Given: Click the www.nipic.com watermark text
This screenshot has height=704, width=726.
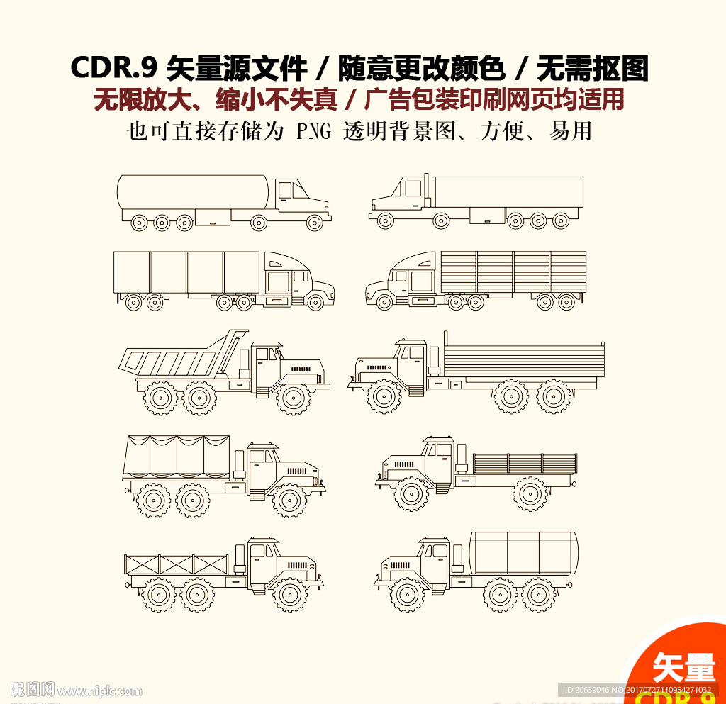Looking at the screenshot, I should (x=99, y=690).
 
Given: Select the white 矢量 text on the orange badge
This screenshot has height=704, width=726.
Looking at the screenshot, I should (x=683, y=667).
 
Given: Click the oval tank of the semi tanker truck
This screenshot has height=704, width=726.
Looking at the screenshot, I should (x=193, y=191).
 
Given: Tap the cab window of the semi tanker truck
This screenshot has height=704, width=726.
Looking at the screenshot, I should (x=284, y=190).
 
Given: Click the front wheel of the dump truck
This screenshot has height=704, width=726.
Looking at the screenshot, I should (x=293, y=398).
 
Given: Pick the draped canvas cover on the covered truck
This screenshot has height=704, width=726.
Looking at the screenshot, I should (x=177, y=457).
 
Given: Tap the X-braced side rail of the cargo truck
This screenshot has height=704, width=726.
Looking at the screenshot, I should (x=177, y=565).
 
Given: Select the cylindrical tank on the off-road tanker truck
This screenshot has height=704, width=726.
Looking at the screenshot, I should (x=523, y=553).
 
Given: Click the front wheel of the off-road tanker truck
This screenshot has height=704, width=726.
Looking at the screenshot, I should (x=408, y=594).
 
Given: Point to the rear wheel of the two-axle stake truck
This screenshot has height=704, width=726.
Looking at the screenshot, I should (x=530, y=493).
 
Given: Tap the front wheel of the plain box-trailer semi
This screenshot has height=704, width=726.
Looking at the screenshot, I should (x=385, y=221).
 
